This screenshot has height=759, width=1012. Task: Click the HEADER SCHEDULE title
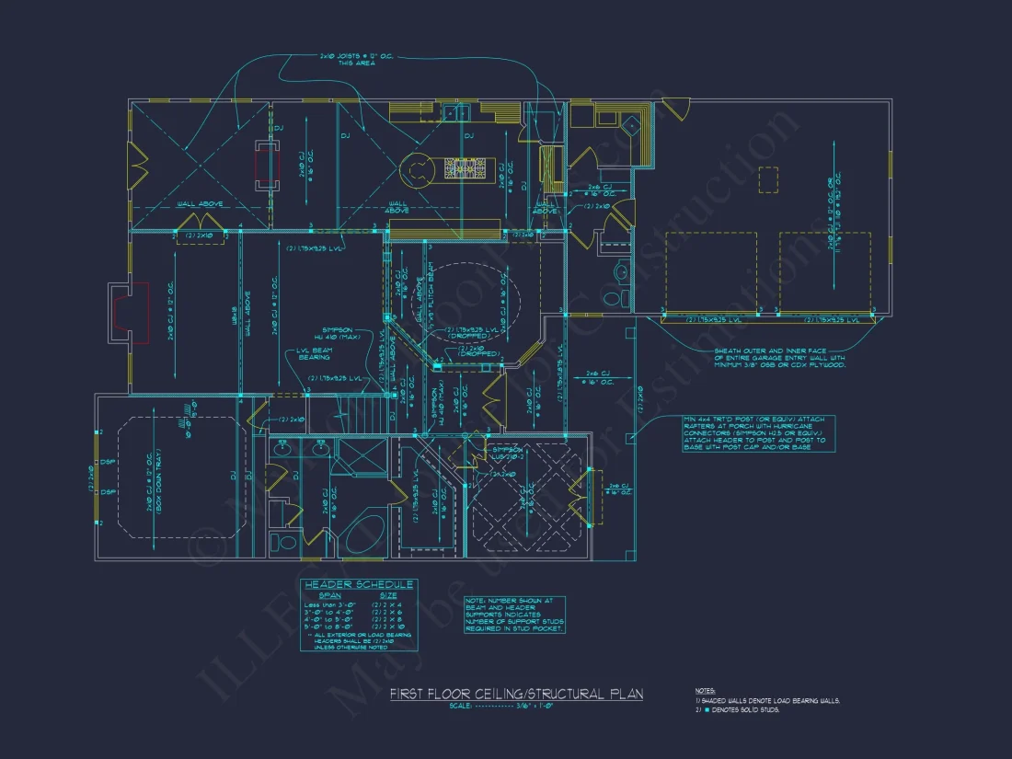[x=359, y=585]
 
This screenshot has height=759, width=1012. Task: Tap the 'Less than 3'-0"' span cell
[x=327, y=604]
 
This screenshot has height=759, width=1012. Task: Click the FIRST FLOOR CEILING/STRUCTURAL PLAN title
[x=516, y=694]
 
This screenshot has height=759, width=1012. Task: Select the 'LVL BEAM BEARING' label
[x=316, y=353]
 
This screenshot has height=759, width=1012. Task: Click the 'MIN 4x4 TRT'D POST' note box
[x=754, y=433]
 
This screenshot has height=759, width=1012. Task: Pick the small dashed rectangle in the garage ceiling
[x=768, y=179]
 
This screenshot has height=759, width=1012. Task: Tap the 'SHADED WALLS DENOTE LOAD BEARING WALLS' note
[x=769, y=700]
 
